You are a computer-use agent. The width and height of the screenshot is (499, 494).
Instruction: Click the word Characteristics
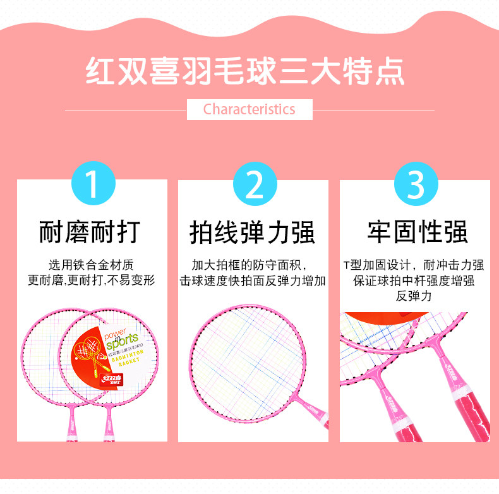[249, 109]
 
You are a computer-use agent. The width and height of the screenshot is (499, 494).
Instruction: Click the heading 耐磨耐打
[90, 232]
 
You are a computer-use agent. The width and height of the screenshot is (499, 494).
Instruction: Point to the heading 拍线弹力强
[253, 232]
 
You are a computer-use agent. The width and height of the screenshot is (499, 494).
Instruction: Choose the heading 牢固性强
[418, 232]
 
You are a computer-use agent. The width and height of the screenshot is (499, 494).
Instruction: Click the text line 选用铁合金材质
[92, 265]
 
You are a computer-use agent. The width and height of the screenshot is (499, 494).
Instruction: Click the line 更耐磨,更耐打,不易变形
[92, 280]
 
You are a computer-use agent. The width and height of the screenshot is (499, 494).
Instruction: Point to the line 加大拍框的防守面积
[253, 265]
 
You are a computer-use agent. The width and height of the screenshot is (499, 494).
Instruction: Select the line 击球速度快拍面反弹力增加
[253, 280]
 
